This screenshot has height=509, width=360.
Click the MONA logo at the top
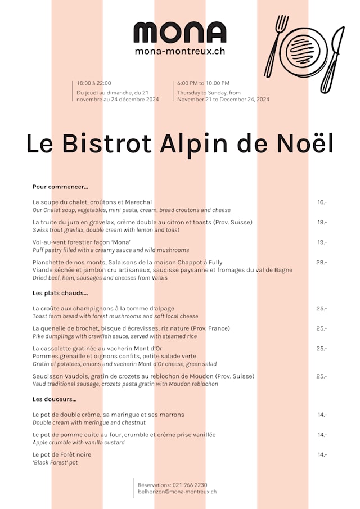[x=179, y=33]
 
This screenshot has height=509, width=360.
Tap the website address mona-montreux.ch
[x=179, y=51]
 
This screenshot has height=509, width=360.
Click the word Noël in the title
[x=305, y=143]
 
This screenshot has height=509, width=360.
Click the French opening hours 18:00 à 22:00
[x=94, y=83]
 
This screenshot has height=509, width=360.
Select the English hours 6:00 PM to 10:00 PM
[x=203, y=83]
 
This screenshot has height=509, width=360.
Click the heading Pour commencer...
[x=60, y=187]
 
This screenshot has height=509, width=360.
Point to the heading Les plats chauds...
[x=60, y=293]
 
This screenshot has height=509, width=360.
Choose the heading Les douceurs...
[x=55, y=399]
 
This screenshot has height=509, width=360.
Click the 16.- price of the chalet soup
[x=322, y=202]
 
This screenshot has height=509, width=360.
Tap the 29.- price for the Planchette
[x=322, y=263]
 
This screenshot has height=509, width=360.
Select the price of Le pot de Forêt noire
[x=322, y=455]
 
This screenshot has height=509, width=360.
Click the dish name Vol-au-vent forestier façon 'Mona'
[x=82, y=242]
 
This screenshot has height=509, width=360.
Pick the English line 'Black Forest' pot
[x=55, y=463]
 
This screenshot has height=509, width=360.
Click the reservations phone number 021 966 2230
[x=190, y=485]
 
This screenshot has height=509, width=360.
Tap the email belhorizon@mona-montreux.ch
[x=177, y=492]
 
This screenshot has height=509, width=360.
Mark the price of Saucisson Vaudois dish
[x=322, y=376]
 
